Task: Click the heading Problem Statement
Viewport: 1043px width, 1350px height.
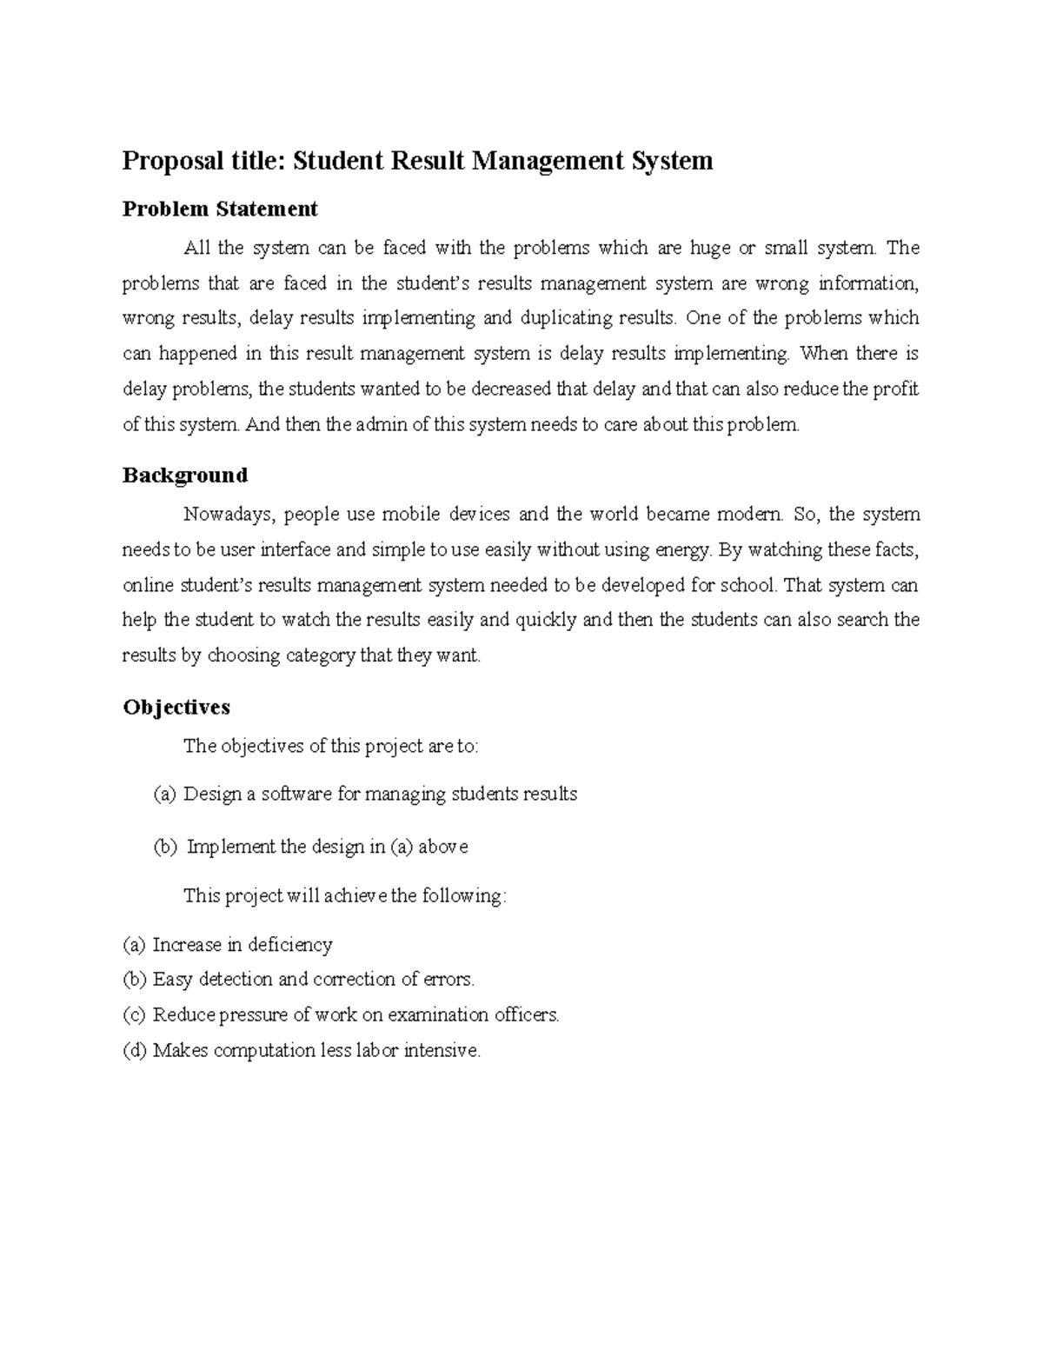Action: pyautogui.click(x=220, y=209)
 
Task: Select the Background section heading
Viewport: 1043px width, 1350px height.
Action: pyautogui.click(x=185, y=475)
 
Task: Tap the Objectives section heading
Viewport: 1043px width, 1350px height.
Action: pyautogui.click(x=176, y=707)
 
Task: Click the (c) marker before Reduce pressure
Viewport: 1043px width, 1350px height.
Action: pyautogui.click(x=135, y=1015)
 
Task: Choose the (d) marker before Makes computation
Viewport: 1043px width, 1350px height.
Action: pyautogui.click(x=135, y=1051)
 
